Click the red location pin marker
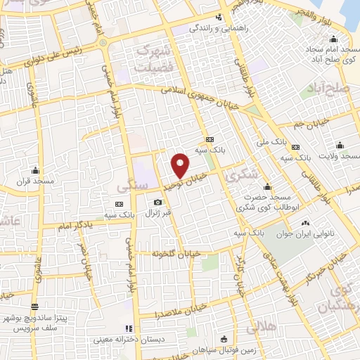[181, 165]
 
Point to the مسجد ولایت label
[340, 155]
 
